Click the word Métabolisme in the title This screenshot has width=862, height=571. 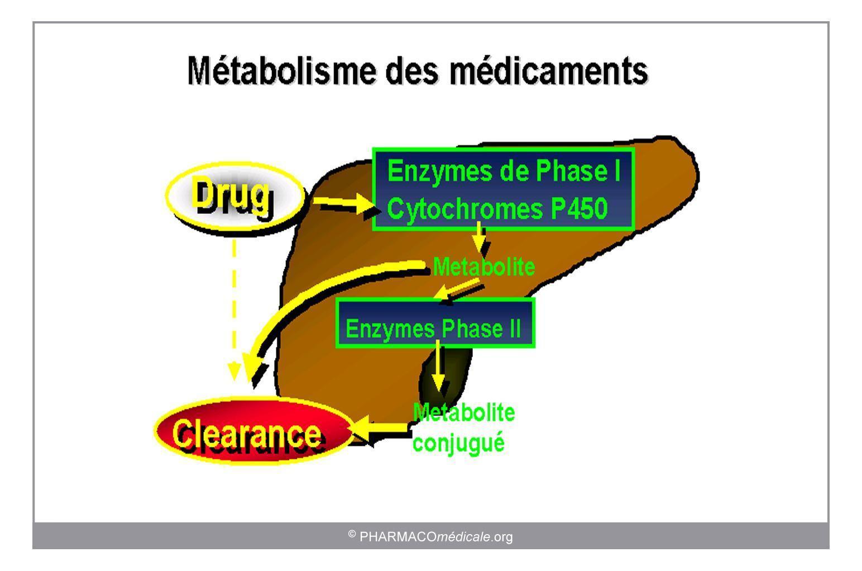pos(282,70)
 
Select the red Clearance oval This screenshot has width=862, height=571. pos(253,433)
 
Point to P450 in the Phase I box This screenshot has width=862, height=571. pos(579,208)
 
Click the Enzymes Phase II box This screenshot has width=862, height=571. pos(435,323)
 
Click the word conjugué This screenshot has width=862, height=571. pos(458,443)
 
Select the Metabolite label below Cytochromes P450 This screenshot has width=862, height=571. pos(483,267)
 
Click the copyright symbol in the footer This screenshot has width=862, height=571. pos(352,534)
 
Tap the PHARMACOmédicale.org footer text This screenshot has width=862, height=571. pos(436,537)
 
